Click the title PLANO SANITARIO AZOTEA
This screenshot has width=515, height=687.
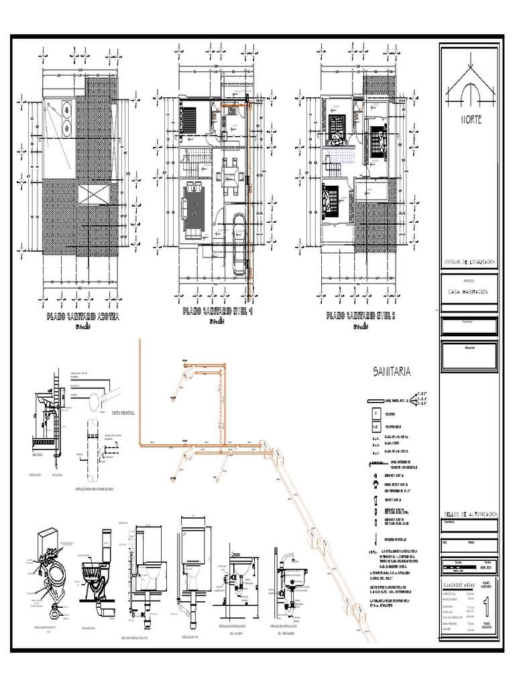click(x=82, y=317)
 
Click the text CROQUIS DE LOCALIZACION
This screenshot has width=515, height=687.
click(x=469, y=262)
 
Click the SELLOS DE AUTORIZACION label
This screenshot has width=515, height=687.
click(x=469, y=513)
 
